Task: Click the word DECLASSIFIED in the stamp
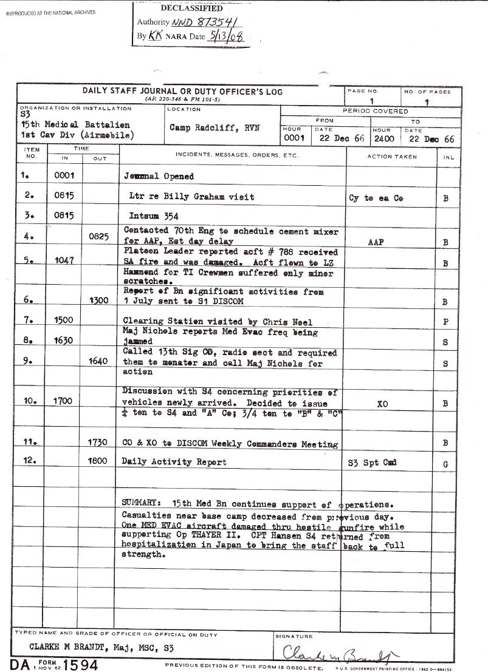(x=191, y=8)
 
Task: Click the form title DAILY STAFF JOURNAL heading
(x=182, y=92)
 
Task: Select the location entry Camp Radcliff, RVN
(x=215, y=129)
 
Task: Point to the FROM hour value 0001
(x=295, y=138)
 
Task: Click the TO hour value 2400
(x=384, y=138)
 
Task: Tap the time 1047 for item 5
(x=64, y=260)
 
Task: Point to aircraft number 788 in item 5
(x=306, y=251)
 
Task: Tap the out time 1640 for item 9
(x=97, y=361)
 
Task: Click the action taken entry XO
(x=383, y=403)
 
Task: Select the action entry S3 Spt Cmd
(x=372, y=462)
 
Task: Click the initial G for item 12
(x=446, y=464)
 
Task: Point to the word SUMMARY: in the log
(x=142, y=504)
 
